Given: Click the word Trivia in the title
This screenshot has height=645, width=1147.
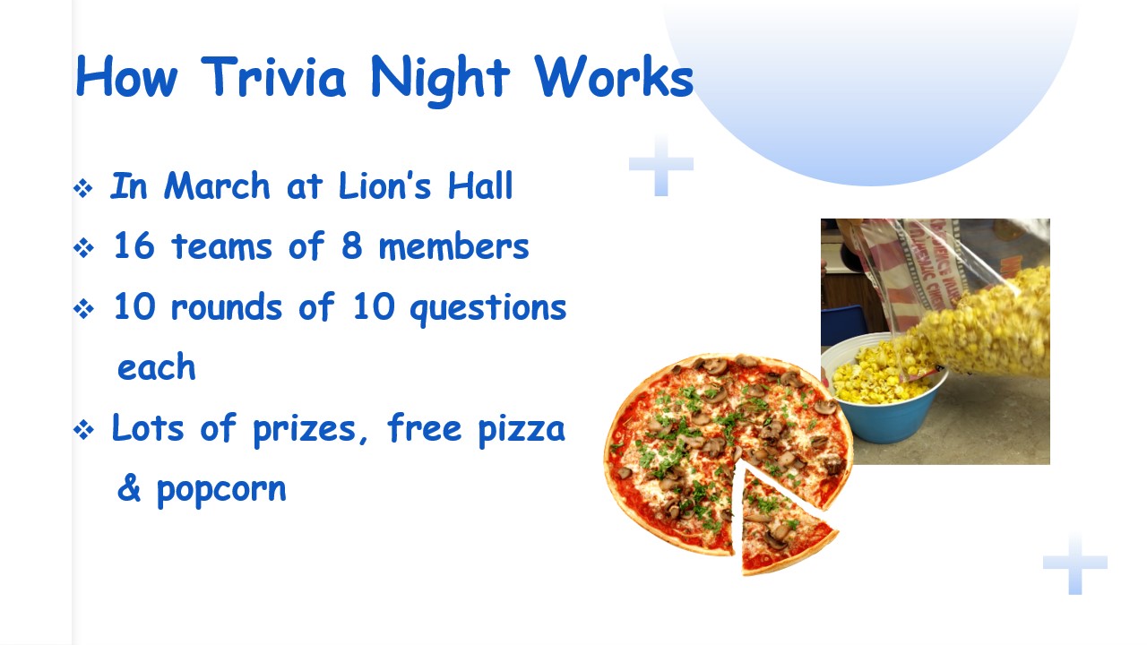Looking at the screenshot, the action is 273,77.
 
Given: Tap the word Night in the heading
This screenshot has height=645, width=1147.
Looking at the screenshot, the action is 440,81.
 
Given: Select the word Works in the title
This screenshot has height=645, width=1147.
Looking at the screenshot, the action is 614,76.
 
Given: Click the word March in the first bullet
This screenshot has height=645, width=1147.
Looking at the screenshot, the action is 217,185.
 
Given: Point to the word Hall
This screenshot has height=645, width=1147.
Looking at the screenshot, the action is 480,185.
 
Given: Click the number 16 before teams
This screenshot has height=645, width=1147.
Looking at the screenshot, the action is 134,245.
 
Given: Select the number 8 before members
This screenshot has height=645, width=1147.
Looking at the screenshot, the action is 351,245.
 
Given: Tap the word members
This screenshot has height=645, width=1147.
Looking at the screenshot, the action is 453,246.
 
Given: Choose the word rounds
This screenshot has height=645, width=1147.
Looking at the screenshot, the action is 227,306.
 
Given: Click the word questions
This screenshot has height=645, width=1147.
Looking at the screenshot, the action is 488,309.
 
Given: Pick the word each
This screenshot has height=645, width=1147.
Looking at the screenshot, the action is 157,366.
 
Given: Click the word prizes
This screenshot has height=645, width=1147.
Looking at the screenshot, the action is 305,430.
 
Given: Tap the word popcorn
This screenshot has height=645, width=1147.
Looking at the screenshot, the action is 221,491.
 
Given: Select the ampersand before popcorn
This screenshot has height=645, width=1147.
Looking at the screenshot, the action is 128,487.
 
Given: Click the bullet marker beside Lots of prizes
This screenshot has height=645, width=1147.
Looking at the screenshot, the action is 83,429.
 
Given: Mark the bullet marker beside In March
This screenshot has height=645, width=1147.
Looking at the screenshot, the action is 83,188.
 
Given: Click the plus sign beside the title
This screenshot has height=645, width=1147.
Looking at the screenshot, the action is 661,164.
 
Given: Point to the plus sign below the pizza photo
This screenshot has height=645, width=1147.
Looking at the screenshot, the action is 1074,563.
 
